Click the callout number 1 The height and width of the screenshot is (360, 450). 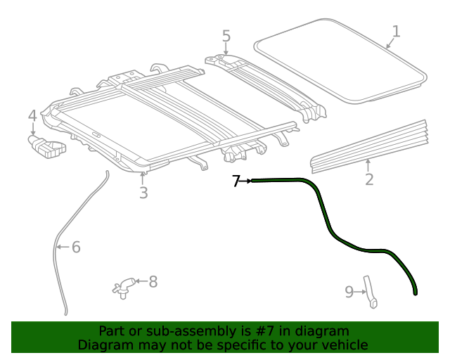click(396, 31)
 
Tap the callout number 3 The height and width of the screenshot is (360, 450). click(143, 192)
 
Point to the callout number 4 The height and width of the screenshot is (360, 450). click(32, 115)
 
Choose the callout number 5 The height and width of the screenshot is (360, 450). click(226, 36)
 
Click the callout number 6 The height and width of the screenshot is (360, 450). click(76, 247)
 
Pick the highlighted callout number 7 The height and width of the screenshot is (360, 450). click(236, 181)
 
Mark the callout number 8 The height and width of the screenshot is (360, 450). click(153, 282)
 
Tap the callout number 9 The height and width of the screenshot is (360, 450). click(349, 292)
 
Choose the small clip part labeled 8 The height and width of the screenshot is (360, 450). click(123, 286)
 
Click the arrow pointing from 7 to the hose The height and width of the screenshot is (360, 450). click(246, 181)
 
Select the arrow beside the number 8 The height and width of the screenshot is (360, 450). click(139, 282)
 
